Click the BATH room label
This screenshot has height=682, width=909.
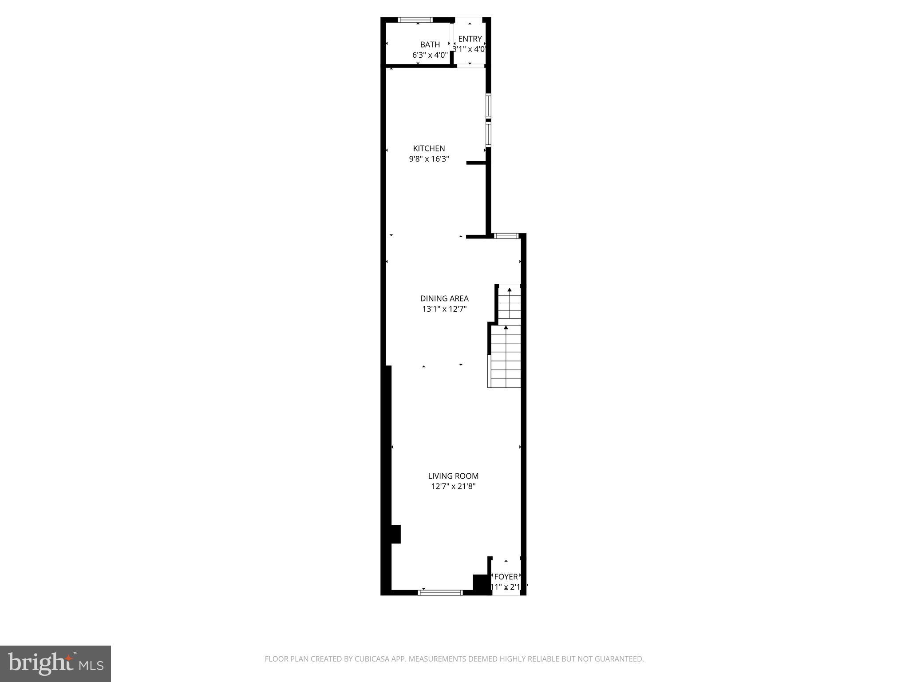pyautogui.click(x=430, y=44)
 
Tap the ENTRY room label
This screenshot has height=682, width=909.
pyautogui.click(x=470, y=39)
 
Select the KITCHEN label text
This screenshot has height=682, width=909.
pyautogui.click(x=429, y=148)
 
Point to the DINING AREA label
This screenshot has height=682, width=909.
pyautogui.click(x=444, y=298)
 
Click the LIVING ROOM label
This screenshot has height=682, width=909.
pyautogui.click(x=453, y=476)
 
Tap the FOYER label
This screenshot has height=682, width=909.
pyautogui.click(x=506, y=576)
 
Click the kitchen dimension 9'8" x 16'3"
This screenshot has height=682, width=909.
pyautogui.click(x=429, y=159)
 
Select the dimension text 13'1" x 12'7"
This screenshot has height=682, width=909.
pyautogui.click(x=444, y=309)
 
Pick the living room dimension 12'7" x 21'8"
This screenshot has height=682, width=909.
pyautogui.click(x=453, y=486)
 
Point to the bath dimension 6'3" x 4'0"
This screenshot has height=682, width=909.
pyautogui.click(x=430, y=55)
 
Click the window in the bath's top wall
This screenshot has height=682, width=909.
pyautogui.click(x=415, y=20)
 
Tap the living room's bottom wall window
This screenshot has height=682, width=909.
pyautogui.click(x=441, y=592)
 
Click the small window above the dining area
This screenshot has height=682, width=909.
pyautogui.click(x=506, y=236)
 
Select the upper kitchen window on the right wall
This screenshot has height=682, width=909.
pyautogui.click(x=488, y=106)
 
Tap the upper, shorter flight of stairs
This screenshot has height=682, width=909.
pyautogui.click(x=509, y=303)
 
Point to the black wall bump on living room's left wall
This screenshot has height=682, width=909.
pyautogui.click(x=395, y=534)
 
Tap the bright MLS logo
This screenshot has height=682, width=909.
pyautogui.click(x=55, y=664)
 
